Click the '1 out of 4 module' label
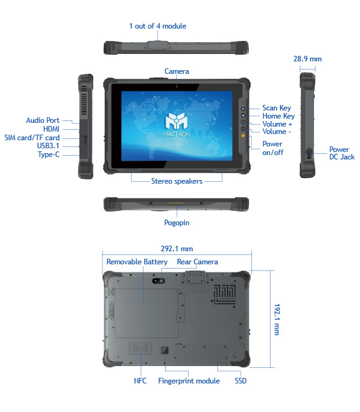pyautogui.click(x=158, y=26)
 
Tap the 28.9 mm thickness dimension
pyautogui.click(x=307, y=59)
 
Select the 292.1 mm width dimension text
pyautogui.click(x=177, y=249)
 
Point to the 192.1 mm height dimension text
pyautogui.click(x=277, y=320)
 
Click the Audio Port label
pyautogui.click(x=43, y=120)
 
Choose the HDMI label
pyautogui.click(x=52, y=129)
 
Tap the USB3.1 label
pyautogui.click(x=48, y=146)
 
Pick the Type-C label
pyautogui.click(x=48, y=154)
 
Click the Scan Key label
pyautogui.click(x=277, y=108)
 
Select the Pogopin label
pyautogui.click(x=177, y=223)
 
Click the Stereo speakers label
pyautogui.click(x=177, y=181)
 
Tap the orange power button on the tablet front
pyautogui.click(x=243, y=136)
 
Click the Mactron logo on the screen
pyautogui.click(x=176, y=125)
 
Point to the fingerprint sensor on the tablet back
pyautogui.click(x=164, y=350)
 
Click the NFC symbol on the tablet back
pyautogui.click(x=140, y=349)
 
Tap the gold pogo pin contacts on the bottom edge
pyautogui.click(x=176, y=203)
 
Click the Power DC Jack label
pyautogui.click(x=342, y=153)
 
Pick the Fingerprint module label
pyautogui.click(x=189, y=381)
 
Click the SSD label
pyautogui.click(x=241, y=381)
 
